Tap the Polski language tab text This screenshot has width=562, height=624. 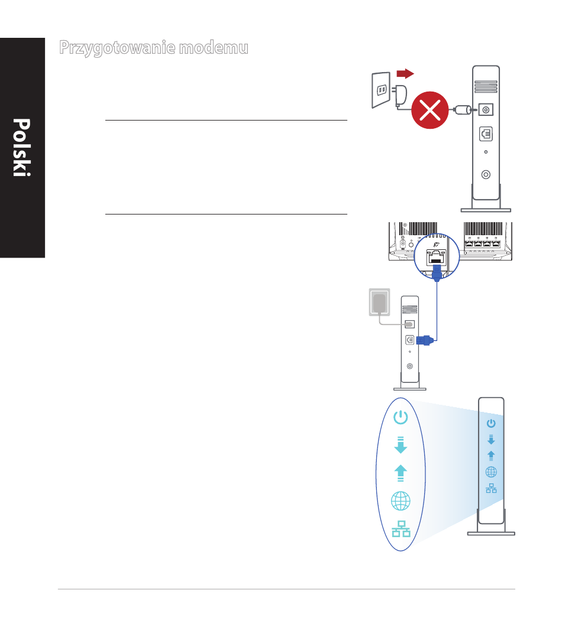click(x=22, y=148)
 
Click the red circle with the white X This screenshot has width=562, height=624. click(x=430, y=110)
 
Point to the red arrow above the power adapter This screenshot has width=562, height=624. click(x=405, y=73)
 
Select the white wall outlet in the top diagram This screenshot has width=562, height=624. click(x=381, y=89)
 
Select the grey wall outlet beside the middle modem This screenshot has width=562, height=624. click(x=379, y=304)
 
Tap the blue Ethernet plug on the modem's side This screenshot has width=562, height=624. click(x=425, y=340)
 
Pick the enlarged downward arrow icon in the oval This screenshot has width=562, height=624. click(x=400, y=444)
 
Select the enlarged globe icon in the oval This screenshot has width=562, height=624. click(x=400, y=501)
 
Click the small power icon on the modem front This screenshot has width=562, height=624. click(x=491, y=423)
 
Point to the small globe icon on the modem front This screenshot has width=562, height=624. click(x=491, y=472)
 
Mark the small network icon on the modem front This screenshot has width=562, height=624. click(x=491, y=488)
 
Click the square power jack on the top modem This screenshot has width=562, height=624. click(x=486, y=109)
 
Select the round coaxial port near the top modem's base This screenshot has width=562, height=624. click(x=486, y=174)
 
